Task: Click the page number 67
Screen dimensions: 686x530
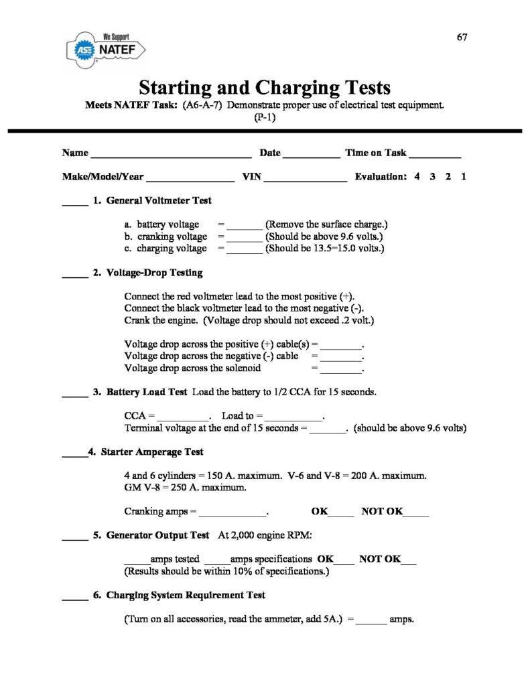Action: [x=462, y=37]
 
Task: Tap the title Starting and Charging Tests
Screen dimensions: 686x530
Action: [x=264, y=88]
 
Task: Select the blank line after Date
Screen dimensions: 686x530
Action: [x=312, y=155]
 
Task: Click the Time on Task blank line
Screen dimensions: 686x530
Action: [x=435, y=155]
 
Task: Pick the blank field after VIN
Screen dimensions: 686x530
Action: [x=308, y=180]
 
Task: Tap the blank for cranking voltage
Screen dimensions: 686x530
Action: [x=245, y=238]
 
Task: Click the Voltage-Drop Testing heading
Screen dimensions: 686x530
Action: [x=154, y=273]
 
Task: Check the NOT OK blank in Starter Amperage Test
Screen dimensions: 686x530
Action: [x=416, y=514]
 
